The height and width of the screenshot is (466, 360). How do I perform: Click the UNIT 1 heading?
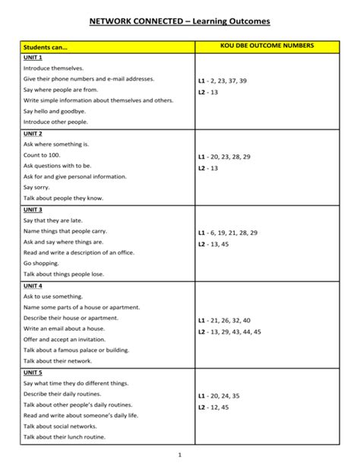[33, 58]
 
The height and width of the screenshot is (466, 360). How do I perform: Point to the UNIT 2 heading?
[33, 133]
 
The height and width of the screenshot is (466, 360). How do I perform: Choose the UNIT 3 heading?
[33, 209]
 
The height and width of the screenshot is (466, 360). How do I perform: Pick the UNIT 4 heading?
[33, 285]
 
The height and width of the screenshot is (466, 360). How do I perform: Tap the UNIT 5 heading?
[33, 372]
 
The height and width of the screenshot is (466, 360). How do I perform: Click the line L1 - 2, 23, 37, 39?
[223, 80]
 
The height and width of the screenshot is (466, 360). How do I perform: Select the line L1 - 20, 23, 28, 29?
[224, 156]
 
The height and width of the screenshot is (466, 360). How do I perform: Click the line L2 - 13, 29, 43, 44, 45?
[229, 332]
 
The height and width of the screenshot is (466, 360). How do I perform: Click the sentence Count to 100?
[42, 154]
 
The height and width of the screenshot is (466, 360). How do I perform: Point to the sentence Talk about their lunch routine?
[65, 437]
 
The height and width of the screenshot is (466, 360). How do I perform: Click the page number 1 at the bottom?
[179, 455]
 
